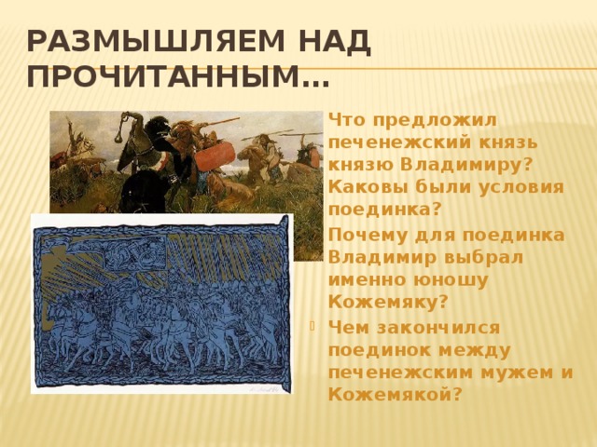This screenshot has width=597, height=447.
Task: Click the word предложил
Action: coord(435,121)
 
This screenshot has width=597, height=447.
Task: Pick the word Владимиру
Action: coord(465,166)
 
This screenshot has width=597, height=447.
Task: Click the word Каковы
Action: coord(365,187)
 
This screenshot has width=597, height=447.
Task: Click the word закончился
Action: coord(438,328)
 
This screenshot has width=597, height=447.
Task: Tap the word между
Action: coord(475,350)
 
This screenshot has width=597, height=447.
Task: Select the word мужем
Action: coord(517,373)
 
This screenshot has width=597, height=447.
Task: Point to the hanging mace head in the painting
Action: coord(118,137)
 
